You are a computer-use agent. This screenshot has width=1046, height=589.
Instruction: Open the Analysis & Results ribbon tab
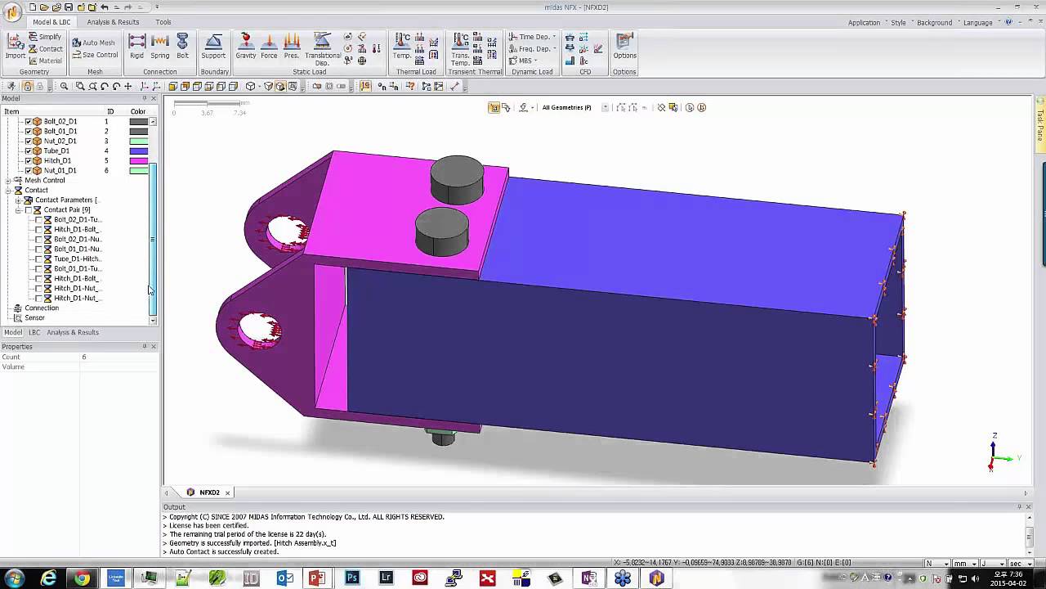click(113, 22)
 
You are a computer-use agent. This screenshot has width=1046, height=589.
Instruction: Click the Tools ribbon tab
click(163, 22)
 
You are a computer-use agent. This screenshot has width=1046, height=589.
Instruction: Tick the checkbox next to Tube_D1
click(29, 151)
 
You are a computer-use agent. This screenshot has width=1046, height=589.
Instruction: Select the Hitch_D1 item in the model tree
click(57, 160)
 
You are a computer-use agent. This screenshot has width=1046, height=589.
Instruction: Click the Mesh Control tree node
click(44, 180)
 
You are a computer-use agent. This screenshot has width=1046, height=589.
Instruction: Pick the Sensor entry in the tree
click(34, 317)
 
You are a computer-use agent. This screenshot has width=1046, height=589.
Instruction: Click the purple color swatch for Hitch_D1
click(138, 160)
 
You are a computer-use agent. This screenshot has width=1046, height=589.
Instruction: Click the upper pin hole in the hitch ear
click(284, 232)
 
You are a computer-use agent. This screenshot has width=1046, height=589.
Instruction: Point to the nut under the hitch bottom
click(442, 437)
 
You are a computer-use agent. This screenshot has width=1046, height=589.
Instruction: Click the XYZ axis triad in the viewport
click(995, 456)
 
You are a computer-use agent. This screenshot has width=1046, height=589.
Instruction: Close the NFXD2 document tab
click(228, 492)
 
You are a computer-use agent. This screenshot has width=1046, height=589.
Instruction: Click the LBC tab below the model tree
click(34, 332)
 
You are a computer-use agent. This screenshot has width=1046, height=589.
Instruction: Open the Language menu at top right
click(978, 22)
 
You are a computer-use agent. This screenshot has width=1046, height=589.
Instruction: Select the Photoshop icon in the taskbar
click(352, 578)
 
